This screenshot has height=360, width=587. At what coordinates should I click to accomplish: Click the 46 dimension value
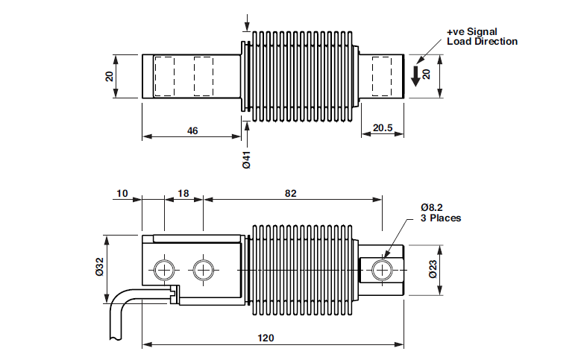192,130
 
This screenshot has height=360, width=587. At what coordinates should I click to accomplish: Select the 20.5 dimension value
383,128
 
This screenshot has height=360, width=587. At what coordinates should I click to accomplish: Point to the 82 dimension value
291,193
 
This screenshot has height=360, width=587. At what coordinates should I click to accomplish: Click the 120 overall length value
266,338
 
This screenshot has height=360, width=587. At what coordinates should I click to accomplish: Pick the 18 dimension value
183,193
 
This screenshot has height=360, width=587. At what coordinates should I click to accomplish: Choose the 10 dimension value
122,193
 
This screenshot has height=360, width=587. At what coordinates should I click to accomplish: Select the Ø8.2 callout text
433,206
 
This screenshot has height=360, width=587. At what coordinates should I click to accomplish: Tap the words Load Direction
482,42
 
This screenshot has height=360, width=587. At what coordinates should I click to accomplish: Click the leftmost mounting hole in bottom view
163,270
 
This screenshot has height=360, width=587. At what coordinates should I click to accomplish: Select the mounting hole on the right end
382,269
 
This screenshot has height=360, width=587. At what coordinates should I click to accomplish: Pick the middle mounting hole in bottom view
202,270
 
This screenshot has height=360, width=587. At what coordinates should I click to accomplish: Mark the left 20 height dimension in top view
109,75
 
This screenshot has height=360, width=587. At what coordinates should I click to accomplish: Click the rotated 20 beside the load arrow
427,75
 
